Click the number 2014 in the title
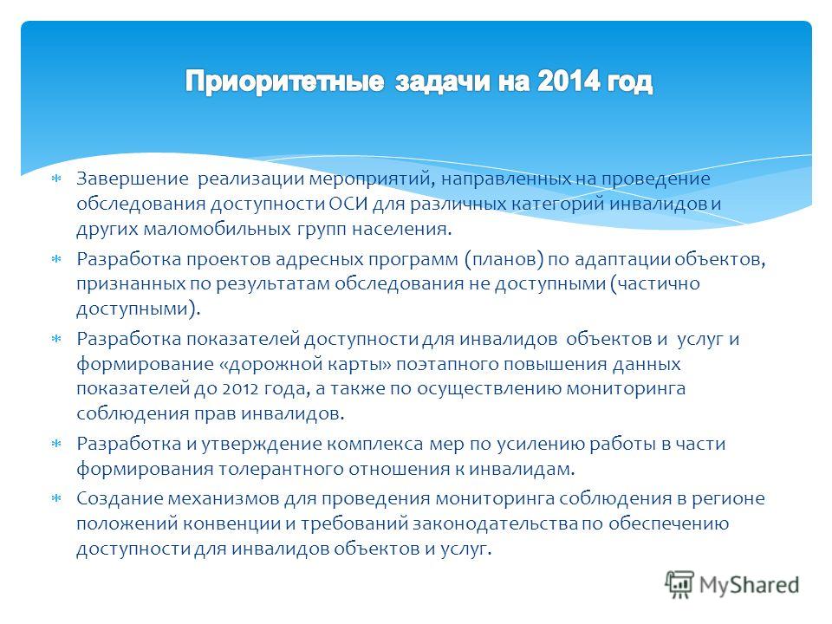[x=569, y=81]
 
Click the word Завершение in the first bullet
[x=132, y=179]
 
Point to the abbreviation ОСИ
[x=348, y=204]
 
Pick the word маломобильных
[x=218, y=229]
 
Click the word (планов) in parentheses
[x=504, y=259]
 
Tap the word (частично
[x=655, y=284]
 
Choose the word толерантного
[x=281, y=470]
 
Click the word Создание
[x=120, y=499]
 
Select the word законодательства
[x=495, y=523]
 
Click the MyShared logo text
[x=749, y=585]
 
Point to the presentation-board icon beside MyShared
[x=679, y=584]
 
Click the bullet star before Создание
[x=56, y=498]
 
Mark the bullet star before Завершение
[x=56, y=179]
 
